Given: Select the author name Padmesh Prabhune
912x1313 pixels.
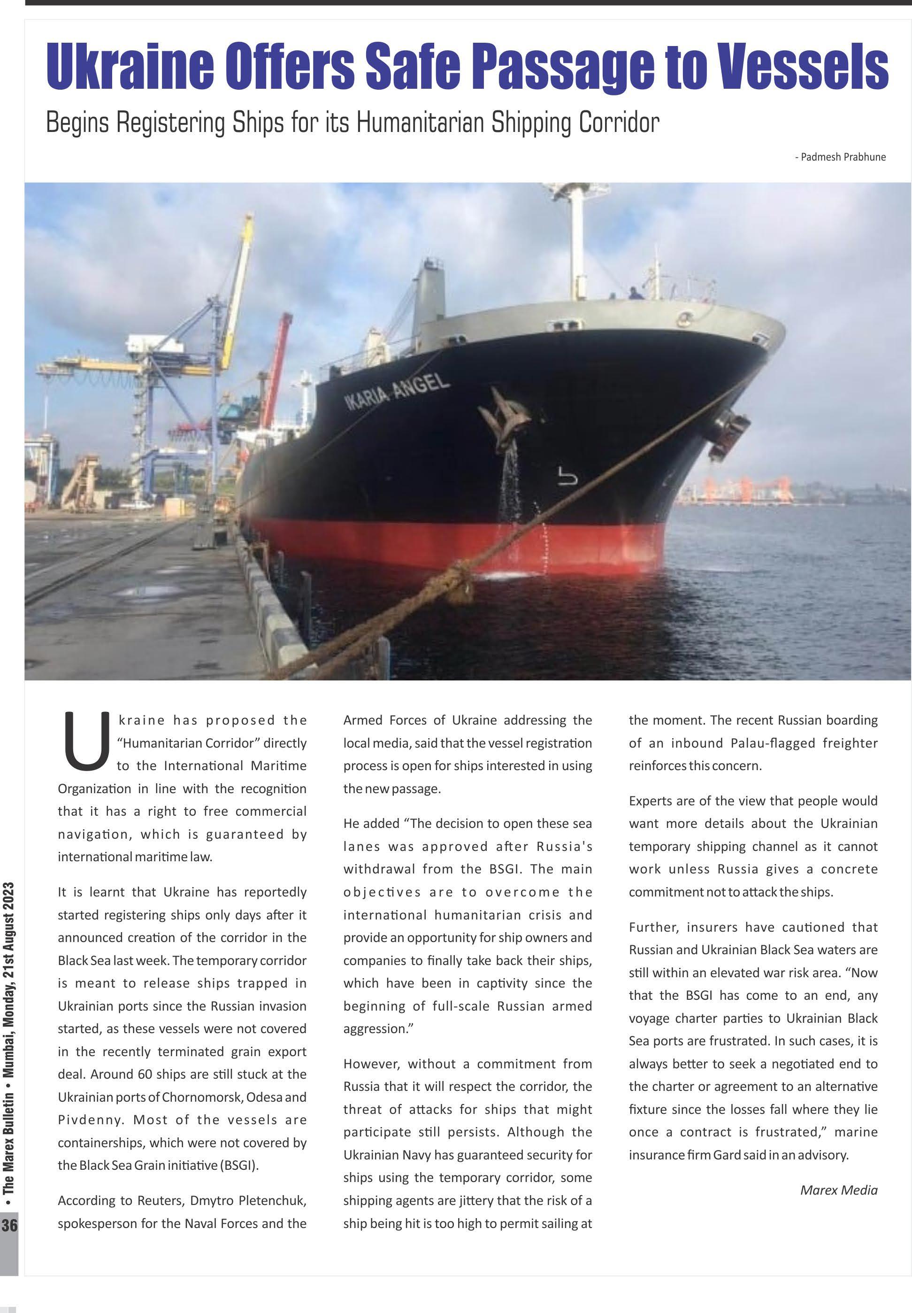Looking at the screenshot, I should (x=843, y=157).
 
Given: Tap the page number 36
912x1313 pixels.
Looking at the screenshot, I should (x=9, y=1226).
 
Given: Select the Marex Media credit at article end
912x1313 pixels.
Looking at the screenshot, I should (x=838, y=1190).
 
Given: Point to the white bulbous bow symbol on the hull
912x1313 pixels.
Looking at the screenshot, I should (x=567, y=476).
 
